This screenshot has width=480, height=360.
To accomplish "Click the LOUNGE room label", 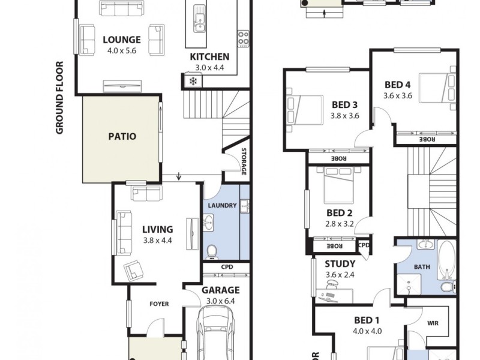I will click(x=122, y=40).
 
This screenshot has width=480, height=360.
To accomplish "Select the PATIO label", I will click(x=122, y=136).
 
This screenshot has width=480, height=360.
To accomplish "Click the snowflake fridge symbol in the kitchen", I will click(x=193, y=81).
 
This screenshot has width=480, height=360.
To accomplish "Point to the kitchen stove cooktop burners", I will click(x=244, y=38).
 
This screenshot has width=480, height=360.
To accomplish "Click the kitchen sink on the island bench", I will click(x=198, y=23).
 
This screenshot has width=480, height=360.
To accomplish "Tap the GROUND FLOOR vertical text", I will click(x=60, y=97).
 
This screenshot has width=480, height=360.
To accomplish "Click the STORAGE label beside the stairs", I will click(x=244, y=162).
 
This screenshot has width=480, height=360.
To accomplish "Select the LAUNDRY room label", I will click(x=222, y=206).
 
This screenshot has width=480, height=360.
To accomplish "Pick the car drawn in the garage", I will click(x=217, y=333).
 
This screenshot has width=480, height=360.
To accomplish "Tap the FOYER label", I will click(x=159, y=304).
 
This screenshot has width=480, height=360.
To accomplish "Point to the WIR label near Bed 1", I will click(x=433, y=323).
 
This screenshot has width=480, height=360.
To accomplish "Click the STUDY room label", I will click(x=340, y=264).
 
